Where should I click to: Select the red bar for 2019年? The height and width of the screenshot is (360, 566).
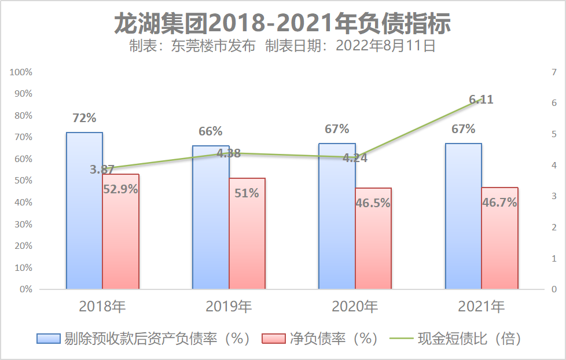(x=247, y=243)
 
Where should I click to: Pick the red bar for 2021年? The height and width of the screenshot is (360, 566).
(x=499, y=249)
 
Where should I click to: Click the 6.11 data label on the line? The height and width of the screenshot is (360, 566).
(x=481, y=100)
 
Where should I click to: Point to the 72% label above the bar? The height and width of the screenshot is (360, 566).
(x=84, y=118)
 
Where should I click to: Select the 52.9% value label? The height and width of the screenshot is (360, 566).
(x=120, y=188)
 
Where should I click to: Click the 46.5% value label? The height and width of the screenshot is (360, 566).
(x=373, y=203)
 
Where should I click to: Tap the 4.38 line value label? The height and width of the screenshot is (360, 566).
(x=229, y=153)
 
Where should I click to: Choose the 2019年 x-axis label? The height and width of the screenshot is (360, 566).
(x=229, y=306)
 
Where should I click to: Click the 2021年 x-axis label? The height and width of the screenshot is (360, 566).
(x=482, y=306)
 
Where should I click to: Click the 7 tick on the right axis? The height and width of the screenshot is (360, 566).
(x=554, y=72)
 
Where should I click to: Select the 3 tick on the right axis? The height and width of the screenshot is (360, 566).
(x=554, y=196)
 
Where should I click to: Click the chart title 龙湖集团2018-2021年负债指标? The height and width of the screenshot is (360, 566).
(x=282, y=24)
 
